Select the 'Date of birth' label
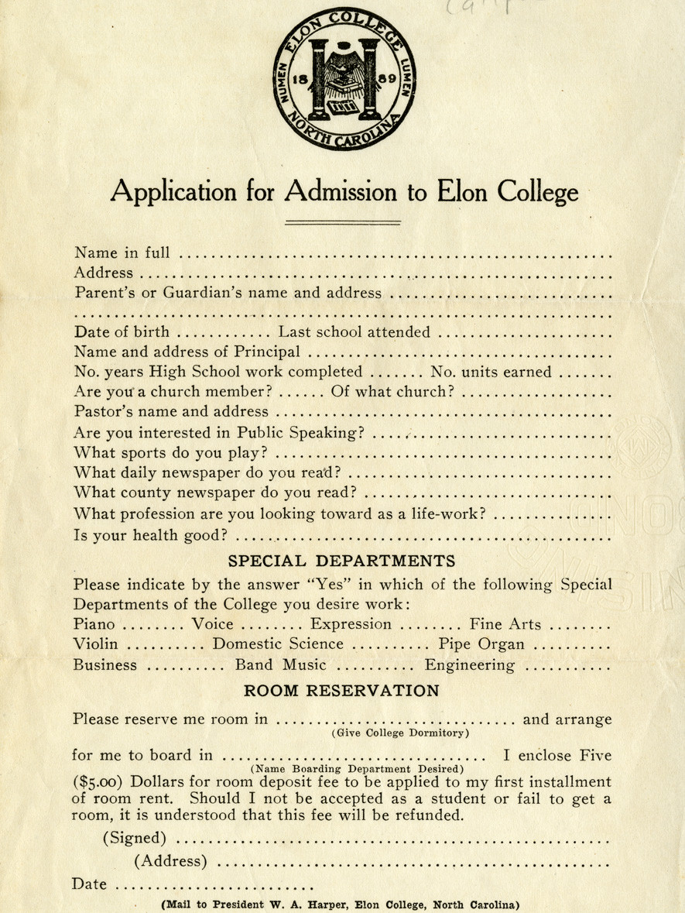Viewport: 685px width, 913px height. [122, 332]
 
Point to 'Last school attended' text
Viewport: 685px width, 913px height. [353, 332]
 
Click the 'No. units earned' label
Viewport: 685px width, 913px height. [491, 372]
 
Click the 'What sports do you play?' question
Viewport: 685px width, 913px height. [171, 451]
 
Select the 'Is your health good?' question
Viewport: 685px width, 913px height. [151, 533]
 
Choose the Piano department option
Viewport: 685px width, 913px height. [94, 623]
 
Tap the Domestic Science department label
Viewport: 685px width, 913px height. [278, 644]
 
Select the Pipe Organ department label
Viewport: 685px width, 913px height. [483, 644]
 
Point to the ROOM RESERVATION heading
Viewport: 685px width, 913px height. [341, 690]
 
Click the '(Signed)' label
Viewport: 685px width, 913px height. [135, 838]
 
